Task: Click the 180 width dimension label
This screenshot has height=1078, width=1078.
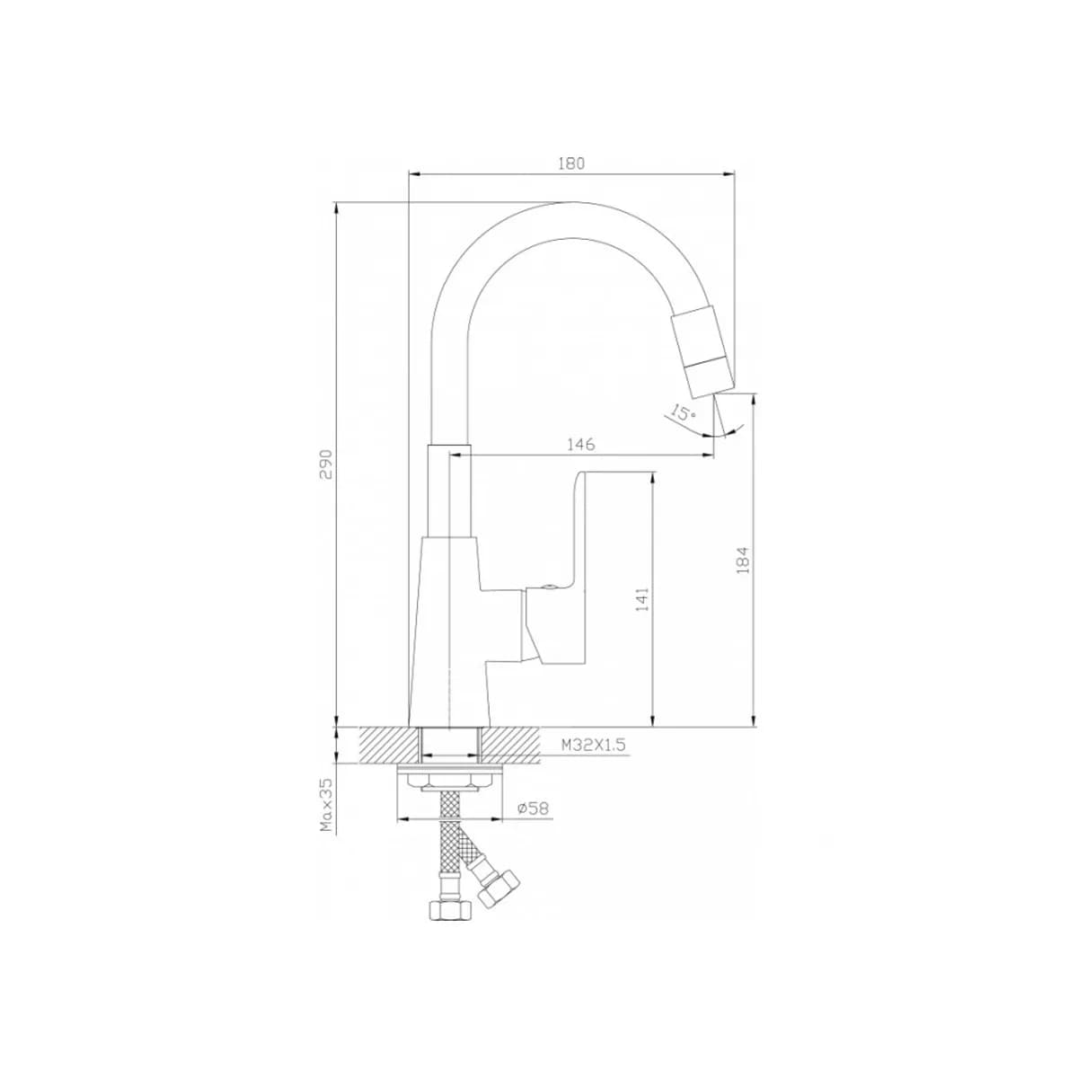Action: [571, 163]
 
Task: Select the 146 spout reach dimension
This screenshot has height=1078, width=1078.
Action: [579, 445]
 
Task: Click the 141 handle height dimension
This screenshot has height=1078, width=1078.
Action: [641, 599]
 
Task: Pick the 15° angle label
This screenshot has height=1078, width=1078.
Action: [684, 413]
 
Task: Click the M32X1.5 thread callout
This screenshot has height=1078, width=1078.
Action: [592, 745]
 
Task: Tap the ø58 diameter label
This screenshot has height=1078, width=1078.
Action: [533, 808]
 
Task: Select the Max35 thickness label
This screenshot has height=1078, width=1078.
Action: [327, 804]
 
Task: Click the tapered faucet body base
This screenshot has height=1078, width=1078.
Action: [449, 629]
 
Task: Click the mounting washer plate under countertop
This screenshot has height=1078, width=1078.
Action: [455, 771]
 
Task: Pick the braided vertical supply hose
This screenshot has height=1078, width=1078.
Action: [449, 844]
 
